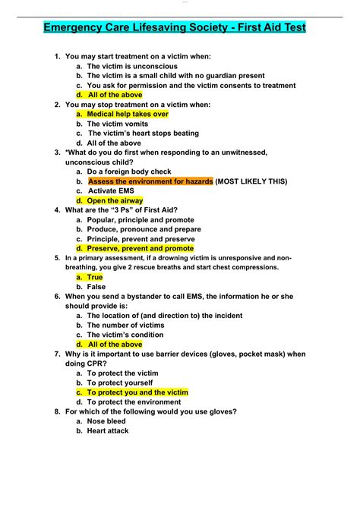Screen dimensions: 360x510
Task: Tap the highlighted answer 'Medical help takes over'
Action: pos(128,114)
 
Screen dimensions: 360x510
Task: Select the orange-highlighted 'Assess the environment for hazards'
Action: pos(150,181)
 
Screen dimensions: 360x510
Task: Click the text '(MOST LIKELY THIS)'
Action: pos(252,181)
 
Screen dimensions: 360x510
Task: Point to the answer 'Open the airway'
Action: pos(116,200)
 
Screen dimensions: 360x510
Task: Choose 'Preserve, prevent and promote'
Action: pos(141,248)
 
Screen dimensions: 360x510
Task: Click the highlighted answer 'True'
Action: pos(94,277)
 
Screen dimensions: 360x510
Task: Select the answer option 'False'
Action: pos(96,287)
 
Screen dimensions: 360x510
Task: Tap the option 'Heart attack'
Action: pos(108,430)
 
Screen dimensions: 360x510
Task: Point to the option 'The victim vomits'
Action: pos(119,124)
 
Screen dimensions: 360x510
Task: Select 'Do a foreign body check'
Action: pos(129,172)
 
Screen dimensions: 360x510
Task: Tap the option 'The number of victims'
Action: pos(125,325)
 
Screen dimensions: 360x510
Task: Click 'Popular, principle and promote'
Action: pos(141,219)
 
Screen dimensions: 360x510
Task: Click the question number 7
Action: pos(58,354)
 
